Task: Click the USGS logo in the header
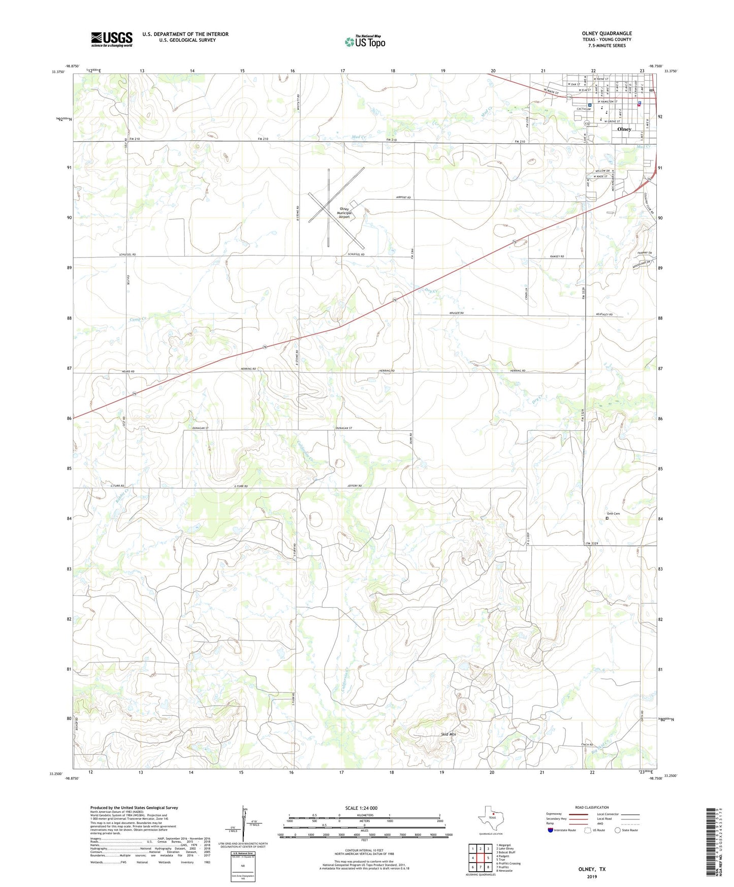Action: click(111, 39)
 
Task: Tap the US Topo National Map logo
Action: click(365, 41)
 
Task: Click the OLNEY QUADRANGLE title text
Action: click(607, 34)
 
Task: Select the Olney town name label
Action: click(624, 129)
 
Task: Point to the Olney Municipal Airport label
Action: click(344, 213)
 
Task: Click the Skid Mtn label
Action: click(448, 735)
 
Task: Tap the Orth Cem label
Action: click(613, 514)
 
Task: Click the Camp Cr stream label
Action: click(138, 319)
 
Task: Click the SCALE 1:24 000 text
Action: click(361, 808)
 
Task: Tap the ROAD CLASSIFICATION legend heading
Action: click(592, 807)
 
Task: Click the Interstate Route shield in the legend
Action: click(551, 830)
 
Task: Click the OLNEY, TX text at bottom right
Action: click(592, 869)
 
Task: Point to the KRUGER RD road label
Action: click(456, 313)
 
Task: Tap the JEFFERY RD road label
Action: click(355, 486)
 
